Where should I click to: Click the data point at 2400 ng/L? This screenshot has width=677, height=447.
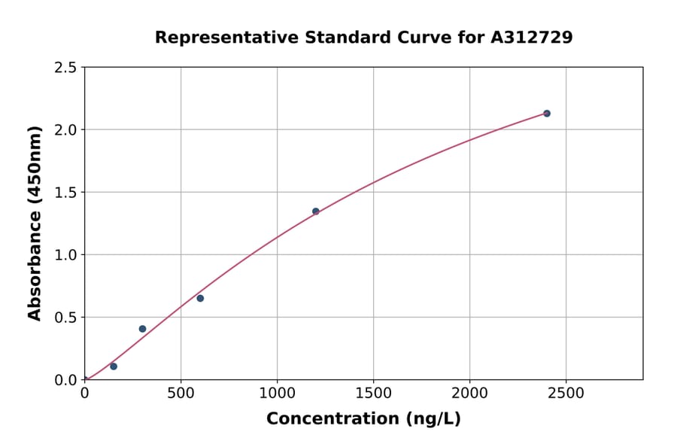click(x=547, y=114)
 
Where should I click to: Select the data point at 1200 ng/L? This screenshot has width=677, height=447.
click(x=316, y=211)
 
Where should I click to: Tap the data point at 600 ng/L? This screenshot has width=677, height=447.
click(x=200, y=299)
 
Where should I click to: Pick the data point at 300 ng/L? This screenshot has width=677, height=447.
click(x=142, y=329)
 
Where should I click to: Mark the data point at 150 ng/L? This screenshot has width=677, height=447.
click(x=114, y=366)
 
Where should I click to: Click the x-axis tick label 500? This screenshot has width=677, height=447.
click(x=181, y=394)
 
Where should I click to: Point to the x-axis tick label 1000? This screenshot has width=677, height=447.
click(x=277, y=394)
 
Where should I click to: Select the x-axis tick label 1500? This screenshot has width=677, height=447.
click(x=373, y=394)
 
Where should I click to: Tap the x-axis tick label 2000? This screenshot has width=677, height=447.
click(x=469, y=394)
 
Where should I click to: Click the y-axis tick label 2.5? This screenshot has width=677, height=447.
click(x=65, y=68)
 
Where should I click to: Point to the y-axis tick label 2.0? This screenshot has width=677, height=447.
click(x=65, y=130)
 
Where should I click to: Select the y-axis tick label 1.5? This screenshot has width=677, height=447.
click(x=65, y=193)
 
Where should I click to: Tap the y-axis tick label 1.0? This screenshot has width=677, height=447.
click(x=65, y=255)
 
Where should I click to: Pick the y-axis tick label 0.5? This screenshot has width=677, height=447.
click(x=65, y=318)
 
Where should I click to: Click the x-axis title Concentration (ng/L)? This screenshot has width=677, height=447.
click(x=363, y=419)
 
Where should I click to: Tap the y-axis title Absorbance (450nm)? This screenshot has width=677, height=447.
click(x=35, y=223)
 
